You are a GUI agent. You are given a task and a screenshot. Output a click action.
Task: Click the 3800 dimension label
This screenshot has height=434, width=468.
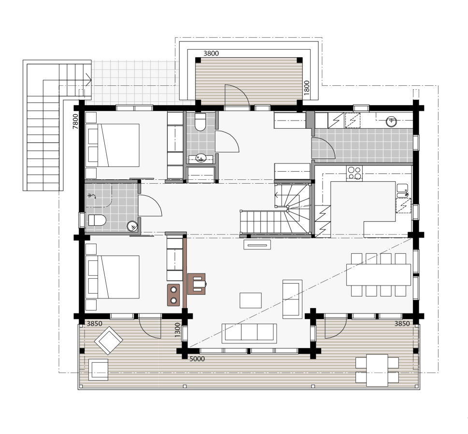(211, 54)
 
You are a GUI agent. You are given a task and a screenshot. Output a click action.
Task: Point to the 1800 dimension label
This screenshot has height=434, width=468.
(307, 88)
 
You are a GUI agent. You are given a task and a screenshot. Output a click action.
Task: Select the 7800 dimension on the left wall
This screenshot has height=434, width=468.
(75, 122)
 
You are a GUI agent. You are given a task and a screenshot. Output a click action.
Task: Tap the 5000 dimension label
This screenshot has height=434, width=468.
(197, 359)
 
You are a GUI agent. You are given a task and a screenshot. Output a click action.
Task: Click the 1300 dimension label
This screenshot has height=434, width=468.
(178, 330)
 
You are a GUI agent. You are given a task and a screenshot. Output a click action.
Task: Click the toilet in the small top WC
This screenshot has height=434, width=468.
(200, 122)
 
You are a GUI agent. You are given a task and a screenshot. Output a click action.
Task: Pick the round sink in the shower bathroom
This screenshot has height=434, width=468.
(132, 226)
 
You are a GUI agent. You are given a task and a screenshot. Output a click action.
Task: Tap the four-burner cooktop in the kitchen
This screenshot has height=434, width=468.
(355, 173)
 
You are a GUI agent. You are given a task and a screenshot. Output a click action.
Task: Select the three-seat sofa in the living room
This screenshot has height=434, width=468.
(249, 333)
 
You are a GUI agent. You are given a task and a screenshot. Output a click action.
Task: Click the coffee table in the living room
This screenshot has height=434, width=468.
(251, 300)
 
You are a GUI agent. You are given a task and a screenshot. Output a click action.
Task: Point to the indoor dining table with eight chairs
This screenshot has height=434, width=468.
(379, 274)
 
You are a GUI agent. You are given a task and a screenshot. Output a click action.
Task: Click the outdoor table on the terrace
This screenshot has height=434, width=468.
(377, 370)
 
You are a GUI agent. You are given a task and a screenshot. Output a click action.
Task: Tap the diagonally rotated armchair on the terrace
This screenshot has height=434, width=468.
(109, 340)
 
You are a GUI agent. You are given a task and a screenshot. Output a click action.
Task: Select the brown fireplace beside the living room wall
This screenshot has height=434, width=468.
(197, 284)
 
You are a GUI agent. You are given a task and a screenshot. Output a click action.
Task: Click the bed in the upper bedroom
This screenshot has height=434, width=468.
(113, 145)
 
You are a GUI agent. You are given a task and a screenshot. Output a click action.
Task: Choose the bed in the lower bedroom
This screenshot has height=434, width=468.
(113, 277)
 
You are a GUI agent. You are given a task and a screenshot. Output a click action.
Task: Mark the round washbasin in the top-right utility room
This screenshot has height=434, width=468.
(391, 122)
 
